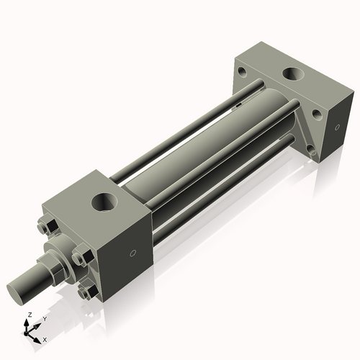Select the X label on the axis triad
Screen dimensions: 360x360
(45, 338)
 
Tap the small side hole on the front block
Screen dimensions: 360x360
(131, 253)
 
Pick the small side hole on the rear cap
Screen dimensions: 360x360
(335, 129)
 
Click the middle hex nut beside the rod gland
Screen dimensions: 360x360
(80, 257)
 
